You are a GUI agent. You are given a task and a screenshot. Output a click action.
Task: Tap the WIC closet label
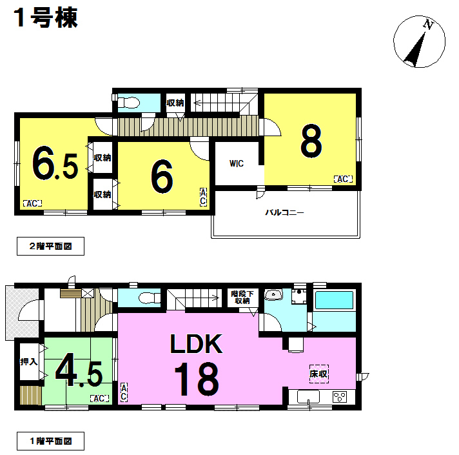click(x=237, y=163)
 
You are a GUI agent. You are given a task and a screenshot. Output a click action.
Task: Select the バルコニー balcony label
click(x=284, y=212)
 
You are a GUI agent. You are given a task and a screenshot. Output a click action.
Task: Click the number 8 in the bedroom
click(x=311, y=141)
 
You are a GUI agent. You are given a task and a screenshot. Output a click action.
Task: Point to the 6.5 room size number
click(x=55, y=163)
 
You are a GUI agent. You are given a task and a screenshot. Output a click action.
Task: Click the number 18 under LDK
click(x=197, y=379)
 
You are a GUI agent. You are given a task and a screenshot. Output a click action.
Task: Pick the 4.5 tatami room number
click(x=79, y=370)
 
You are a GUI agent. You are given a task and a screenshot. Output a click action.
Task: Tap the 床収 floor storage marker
click(x=319, y=374)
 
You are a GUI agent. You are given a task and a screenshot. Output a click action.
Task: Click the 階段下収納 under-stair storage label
click(x=242, y=297)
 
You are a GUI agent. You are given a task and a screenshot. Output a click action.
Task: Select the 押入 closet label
click(x=28, y=362)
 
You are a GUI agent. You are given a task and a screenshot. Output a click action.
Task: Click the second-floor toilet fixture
click(x=129, y=103)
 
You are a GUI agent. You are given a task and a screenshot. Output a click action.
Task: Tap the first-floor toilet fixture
click(x=150, y=298)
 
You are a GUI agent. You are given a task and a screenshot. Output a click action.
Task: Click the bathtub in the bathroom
click(x=334, y=300)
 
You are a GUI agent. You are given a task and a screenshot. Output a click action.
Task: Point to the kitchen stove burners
click(x=340, y=397)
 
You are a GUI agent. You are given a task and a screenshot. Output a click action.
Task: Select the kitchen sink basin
click(x=308, y=397)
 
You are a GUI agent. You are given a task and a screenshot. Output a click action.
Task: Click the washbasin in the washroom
click(x=273, y=295)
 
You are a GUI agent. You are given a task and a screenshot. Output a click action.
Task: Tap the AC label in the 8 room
click(x=343, y=179)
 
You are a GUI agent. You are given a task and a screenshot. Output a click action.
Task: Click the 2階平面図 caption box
click(x=51, y=246)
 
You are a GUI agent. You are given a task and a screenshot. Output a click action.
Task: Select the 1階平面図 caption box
click(x=51, y=441)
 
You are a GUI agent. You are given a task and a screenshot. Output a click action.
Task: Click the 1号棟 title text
click(x=46, y=18)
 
